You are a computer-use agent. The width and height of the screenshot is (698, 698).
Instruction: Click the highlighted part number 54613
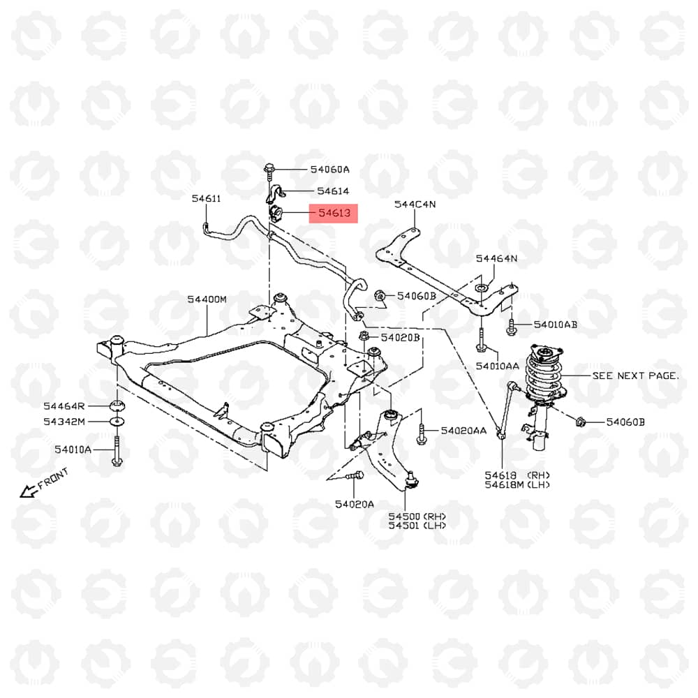(x=334, y=213)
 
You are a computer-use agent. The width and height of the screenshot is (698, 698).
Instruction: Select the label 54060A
(x=330, y=169)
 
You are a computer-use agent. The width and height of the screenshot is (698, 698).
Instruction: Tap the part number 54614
(x=333, y=191)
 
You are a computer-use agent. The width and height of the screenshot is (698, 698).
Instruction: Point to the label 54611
(x=206, y=198)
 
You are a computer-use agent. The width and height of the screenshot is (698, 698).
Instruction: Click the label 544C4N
(x=415, y=205)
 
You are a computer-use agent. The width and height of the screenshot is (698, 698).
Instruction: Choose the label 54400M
(x=207, y=299)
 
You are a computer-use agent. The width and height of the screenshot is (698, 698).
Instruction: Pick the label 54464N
(x=496, y=258)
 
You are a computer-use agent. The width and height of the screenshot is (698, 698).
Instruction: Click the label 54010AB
(x=556, y=325)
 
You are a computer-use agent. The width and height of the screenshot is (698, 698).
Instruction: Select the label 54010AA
(x=497, y=366)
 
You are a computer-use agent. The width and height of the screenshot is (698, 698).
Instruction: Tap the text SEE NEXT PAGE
(x=636, y=376)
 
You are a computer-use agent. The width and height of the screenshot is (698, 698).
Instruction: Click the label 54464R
(x=64, y=406)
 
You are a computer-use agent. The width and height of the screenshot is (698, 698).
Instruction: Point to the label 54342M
(x=64, y=421)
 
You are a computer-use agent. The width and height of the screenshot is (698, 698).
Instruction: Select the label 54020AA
(x=463, y=431)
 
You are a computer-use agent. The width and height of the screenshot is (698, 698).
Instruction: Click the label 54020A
(x=355, y=504)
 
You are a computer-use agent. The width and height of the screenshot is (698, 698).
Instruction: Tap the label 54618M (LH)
(x=517, y=485)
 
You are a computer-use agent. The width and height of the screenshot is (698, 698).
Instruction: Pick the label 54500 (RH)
(x=417, y=517)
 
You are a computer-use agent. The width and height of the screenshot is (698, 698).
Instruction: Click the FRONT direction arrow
(x=29, y=491)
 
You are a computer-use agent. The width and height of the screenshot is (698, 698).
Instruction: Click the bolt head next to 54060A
(x=269, y=169)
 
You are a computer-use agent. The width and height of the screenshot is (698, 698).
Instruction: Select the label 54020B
(x=400, y=337)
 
